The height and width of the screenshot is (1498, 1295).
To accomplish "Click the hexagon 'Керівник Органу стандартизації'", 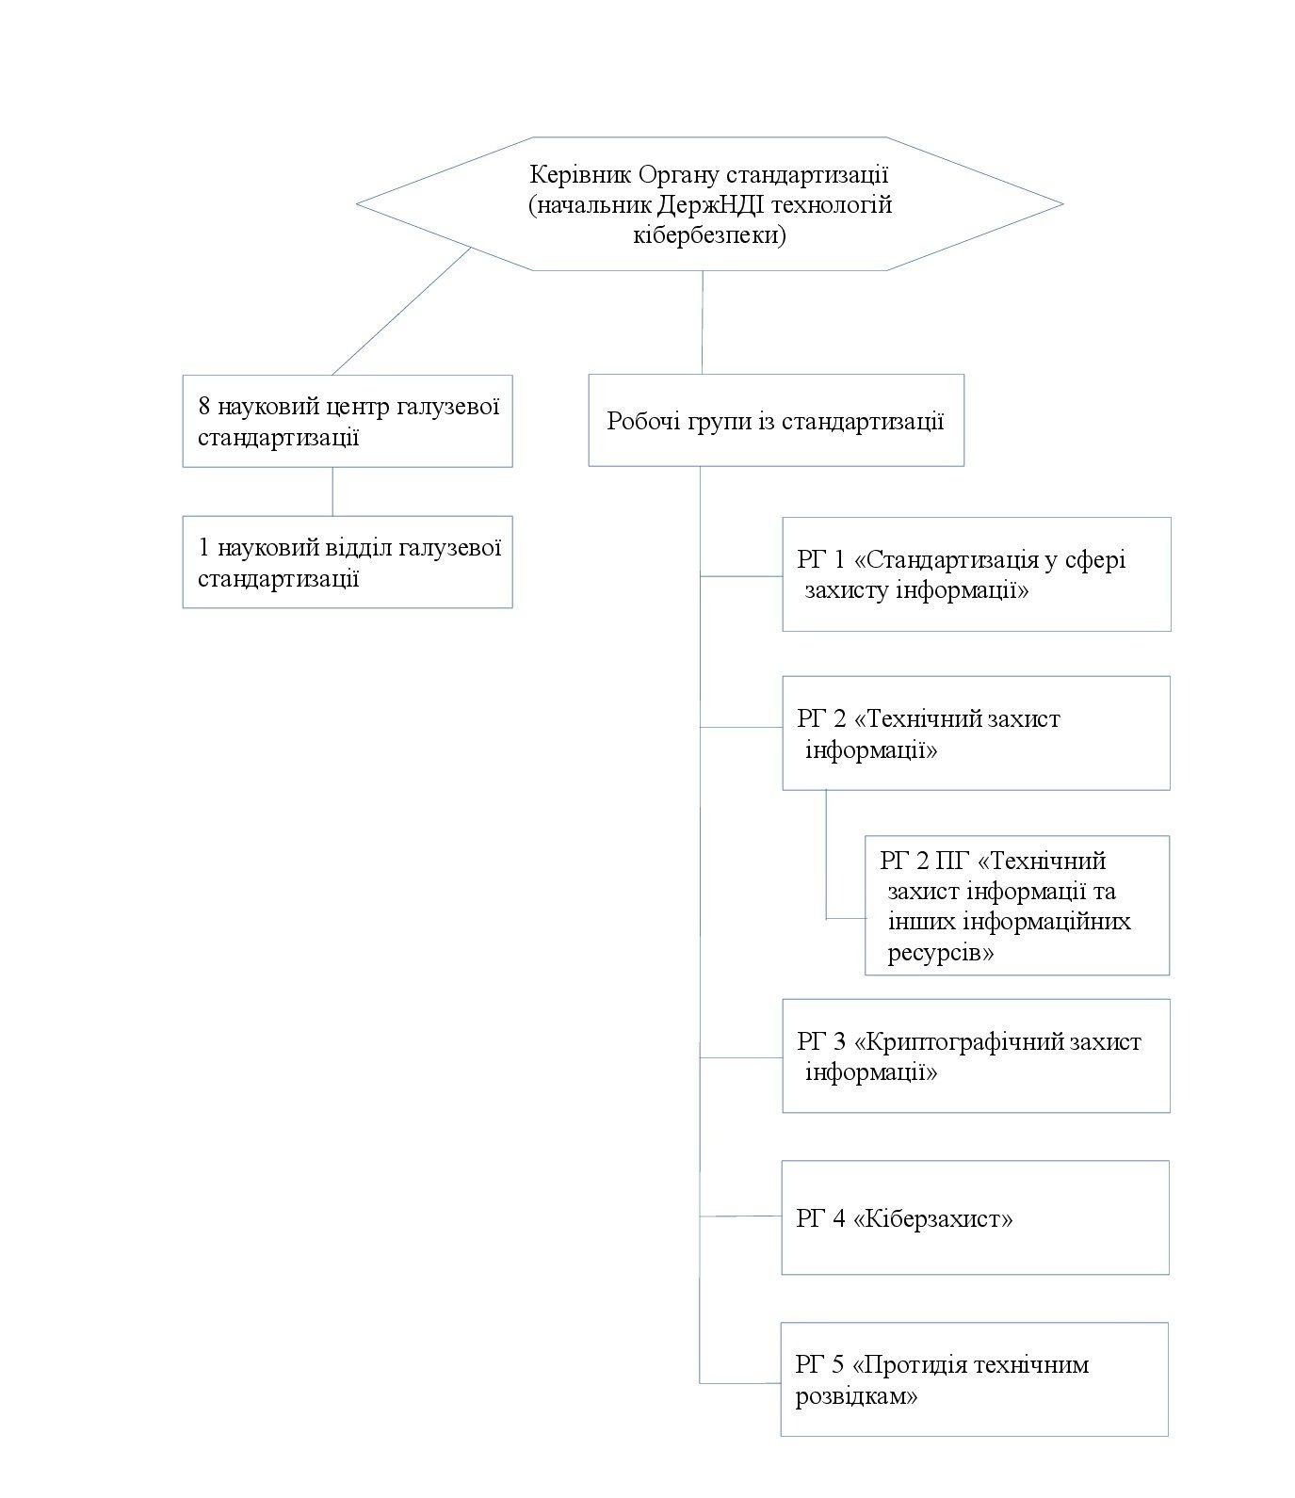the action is pyautogui.click(x=709, y=204).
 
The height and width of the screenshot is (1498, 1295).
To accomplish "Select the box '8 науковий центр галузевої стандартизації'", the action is pyautogui.click(x=348, y=421).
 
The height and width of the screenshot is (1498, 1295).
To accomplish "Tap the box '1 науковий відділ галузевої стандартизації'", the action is pyautogui.click(x=348, y=561).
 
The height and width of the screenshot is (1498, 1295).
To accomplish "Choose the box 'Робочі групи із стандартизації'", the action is pyautogui.click(x=776, y=420).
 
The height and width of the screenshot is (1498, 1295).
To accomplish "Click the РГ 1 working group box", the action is pyautogui.click(x=976, y=573).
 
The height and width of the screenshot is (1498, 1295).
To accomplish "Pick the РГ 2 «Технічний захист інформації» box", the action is pyautogui.click(x=976, y=733).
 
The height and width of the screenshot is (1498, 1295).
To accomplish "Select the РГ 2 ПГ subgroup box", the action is pyautogui.click(x=1017, y=905).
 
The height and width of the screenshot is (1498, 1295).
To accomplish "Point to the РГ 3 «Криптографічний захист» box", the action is pyautogui.click(x=976, y=1055).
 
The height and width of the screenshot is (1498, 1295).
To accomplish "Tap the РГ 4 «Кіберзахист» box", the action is pyautogui.click(x=975, y=1217).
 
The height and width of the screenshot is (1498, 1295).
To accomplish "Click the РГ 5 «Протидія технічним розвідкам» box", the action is pyautogui.click(x=974, y=1379).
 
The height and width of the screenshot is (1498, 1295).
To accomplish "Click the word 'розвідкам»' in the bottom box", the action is pyautogui.click(x=856, y=1395).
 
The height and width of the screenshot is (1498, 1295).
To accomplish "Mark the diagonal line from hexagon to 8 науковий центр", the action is pyautogui.click(x=400, y=312).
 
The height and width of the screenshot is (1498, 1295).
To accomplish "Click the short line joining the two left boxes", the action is pyautogui.click(x=332, y=491).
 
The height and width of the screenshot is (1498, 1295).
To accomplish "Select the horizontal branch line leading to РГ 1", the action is pyautogui.click(x=741, y=574).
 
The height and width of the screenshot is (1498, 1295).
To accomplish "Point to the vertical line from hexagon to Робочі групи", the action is pyautogui.click(x=703, y=323).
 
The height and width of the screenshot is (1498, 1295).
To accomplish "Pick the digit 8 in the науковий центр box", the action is pyautogui.click(x=204, y=407).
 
